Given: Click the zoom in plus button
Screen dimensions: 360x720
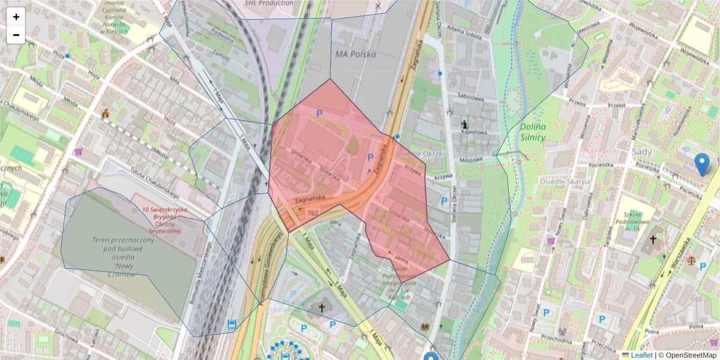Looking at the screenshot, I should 16,17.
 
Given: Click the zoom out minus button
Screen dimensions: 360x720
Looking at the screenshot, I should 16,35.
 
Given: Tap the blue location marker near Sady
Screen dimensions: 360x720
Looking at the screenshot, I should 701,164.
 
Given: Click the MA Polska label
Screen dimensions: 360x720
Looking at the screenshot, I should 355,54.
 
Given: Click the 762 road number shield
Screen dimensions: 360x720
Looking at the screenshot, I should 313,212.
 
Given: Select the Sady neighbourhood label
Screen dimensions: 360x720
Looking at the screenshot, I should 642,152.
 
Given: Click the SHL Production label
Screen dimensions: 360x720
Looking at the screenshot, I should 269,3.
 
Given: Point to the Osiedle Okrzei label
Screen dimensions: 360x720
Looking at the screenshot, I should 420,154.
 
